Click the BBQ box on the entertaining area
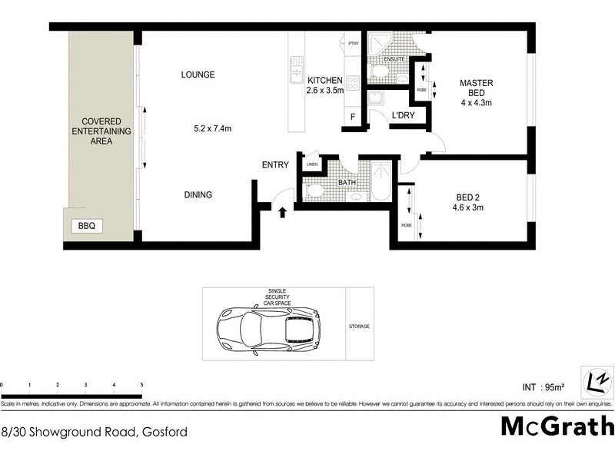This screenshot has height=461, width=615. click(x=85, y=227)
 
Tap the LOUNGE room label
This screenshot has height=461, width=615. click(x=198, y=75)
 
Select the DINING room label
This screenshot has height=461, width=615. click(x=198, y=195)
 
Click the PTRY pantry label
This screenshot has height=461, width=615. click(x=354, y=44)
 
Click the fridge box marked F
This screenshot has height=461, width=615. click(x=352, y=117)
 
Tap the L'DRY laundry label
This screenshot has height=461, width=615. click(x=404, y=115)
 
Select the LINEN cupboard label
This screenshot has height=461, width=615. click(x=311, y=164)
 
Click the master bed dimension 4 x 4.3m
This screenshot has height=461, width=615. click(x=476, y=102)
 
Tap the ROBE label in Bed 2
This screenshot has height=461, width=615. click(x=406, y=225)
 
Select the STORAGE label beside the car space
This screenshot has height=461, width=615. click(x=359, y=327)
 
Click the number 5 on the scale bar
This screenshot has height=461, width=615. click(x=141, y=384)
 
